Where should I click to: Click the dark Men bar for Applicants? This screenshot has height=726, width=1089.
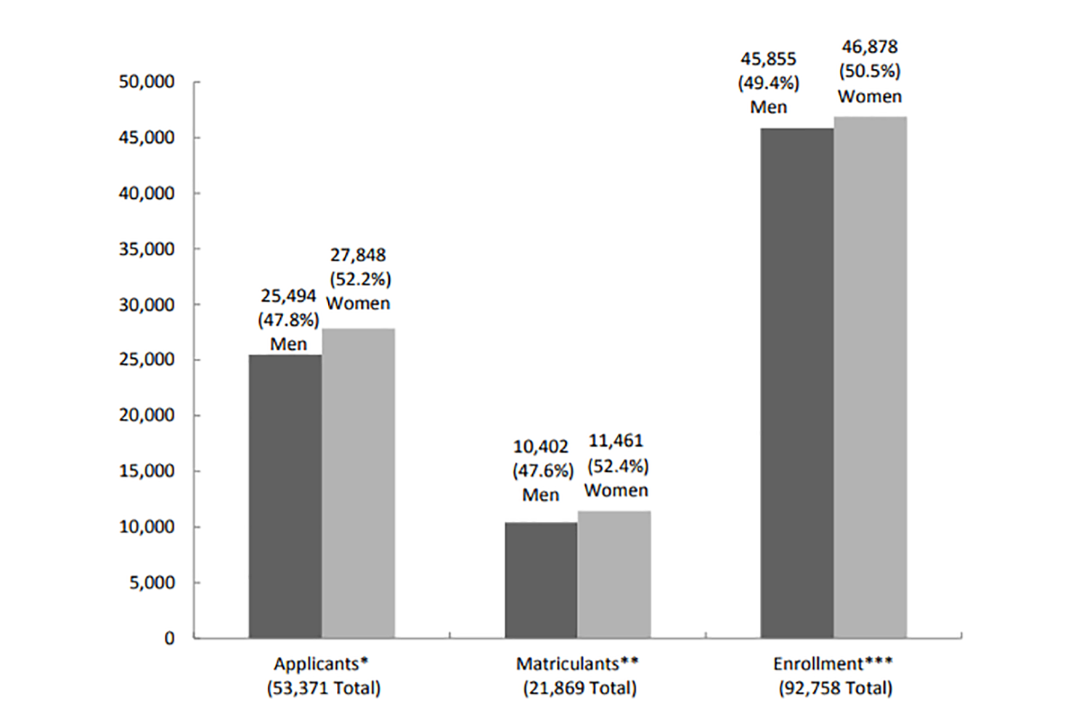click(285, 496)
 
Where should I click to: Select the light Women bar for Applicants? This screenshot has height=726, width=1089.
click(359, 484)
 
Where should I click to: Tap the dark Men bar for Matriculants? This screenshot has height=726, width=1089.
click(541, 580)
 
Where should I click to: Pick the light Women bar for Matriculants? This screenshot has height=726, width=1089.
click(614, 574)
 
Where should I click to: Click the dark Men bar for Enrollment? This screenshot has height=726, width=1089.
click(797, 383)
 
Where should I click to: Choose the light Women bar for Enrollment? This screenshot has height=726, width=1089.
click(870, 378)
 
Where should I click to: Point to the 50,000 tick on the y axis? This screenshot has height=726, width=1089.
click(147, 82)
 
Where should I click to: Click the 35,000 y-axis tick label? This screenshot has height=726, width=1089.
click(147, 249)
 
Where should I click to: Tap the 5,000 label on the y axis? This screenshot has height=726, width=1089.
click(152, 582)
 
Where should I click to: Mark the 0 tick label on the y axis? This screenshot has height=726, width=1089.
click(169, 638)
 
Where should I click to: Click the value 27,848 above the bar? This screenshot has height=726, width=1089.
click(359, 255)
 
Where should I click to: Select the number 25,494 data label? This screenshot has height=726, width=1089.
click(288, 295)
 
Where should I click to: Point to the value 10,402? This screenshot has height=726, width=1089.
click(541, 446)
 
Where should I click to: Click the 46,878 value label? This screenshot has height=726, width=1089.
click(870, 47)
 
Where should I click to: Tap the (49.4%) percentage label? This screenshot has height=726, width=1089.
click(769, 83)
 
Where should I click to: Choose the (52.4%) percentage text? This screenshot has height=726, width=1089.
click(618, 466)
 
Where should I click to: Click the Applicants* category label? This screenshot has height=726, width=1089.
click(321, 664)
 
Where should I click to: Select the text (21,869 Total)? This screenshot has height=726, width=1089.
click(580, 688)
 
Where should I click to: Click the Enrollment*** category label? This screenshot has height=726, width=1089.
click(833, 664)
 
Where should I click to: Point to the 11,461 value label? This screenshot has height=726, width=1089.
click(616, 441)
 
